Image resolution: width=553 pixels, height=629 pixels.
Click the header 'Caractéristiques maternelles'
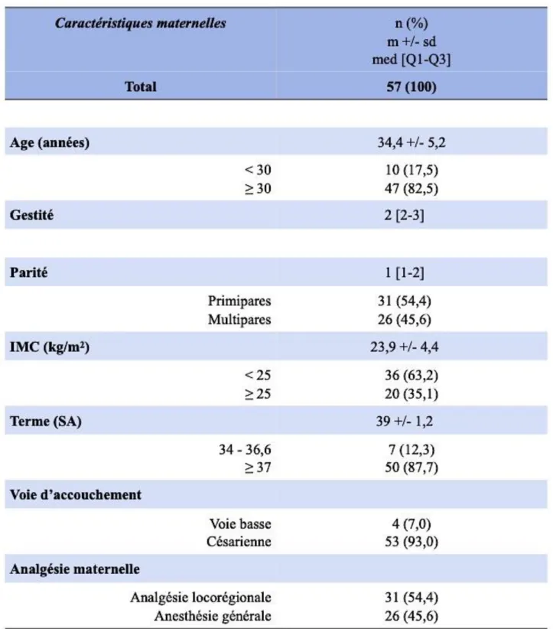[x=141, y=23]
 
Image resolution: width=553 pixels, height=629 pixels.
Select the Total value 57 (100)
[x=411, y=86]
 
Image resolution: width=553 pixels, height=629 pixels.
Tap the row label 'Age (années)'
[x=50, y=142]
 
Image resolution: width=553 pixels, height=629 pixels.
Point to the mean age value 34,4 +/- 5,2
[x=411, y=142]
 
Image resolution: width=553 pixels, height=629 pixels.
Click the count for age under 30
[x=411, y=170]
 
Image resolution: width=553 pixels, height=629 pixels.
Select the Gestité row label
[x=31, y=215]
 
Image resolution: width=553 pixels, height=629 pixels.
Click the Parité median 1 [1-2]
[x=404, y=272]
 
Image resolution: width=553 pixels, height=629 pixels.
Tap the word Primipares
[x=239, y=301]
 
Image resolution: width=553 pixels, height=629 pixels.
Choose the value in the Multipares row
[x=404, y=320]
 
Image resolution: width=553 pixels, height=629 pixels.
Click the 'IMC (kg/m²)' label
[x=50, y=347]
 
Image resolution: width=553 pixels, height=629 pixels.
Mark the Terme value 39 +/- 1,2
[x=404, y=421]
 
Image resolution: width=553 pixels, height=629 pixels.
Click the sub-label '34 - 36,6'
[x=245, y=449]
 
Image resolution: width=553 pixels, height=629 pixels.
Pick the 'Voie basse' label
[x=240, y=523]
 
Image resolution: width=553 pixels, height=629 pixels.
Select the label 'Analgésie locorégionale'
[x=200, y=598]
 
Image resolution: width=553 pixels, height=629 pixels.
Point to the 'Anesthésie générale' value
[x=411, y=616]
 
